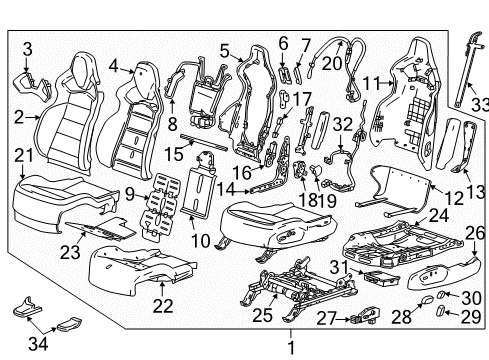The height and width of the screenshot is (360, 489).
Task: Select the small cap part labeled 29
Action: pyautogui.click(x=442, y=316)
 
